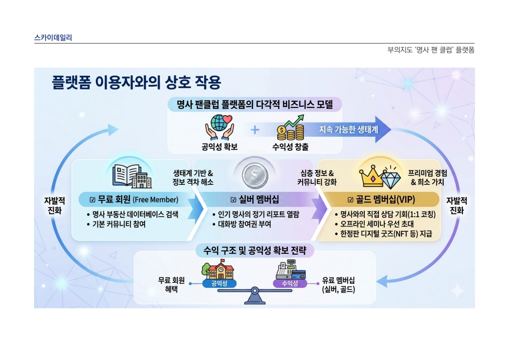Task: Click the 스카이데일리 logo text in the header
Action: point(53,38)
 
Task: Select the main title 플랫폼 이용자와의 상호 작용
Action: point(137,82)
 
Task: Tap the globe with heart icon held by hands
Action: point(220,128)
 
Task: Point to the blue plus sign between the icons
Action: point(255,130)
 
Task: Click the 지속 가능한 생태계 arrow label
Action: point(348,130)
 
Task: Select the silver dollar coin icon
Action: point(255,176)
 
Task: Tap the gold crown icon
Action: point(372,176)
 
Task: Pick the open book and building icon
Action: point(132,176)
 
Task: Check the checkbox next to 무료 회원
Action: point(93,199)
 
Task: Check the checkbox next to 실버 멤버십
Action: point(233,199)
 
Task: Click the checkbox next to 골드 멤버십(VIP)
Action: point(350,199)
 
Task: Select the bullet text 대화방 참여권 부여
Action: point(245,224)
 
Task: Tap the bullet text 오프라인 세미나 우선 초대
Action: point(377,224)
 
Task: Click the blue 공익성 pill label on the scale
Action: point(220,284)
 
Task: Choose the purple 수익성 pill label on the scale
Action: point(290,284)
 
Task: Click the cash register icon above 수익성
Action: point(290,270)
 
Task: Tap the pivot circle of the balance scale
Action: point(255,291)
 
